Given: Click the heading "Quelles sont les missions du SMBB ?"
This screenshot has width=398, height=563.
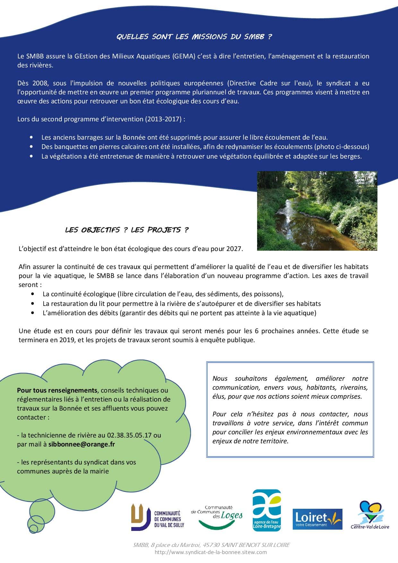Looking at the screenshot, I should pos(194,37).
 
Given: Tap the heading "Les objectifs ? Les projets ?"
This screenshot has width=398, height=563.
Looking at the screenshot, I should pos(127,230).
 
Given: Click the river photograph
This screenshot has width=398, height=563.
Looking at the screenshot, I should pos(317,211).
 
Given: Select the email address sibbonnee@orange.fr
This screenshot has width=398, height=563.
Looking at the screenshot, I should pos(82,444).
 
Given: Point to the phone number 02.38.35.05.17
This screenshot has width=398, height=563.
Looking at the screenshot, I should pos(129,435).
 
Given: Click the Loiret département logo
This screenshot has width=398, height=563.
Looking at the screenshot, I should pos(317,519).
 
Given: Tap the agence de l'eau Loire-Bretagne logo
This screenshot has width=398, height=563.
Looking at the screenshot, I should pos(267,510).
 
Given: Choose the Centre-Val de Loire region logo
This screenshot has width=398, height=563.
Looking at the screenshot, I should pos(370,515).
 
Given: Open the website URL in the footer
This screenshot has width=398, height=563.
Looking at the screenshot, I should pos(211,552).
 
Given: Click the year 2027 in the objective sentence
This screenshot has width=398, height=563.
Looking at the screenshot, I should pos(234,248).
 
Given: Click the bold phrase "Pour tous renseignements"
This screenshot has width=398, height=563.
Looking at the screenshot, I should pos(57,390).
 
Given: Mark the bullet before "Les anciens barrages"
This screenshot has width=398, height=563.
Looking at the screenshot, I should pos(31,137).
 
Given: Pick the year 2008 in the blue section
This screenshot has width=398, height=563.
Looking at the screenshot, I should pos(40,83).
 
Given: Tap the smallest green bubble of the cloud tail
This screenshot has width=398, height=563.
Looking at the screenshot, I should pos(32,528).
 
